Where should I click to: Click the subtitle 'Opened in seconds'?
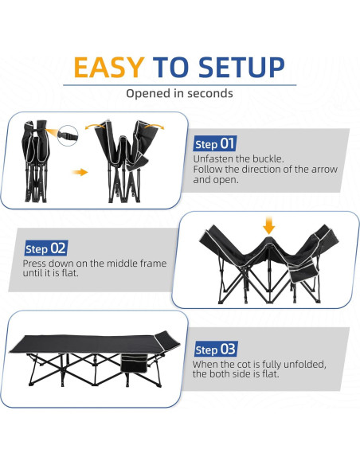coord(179,93)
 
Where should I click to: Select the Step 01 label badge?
coord(215,144)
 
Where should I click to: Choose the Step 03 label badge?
coord(215,350)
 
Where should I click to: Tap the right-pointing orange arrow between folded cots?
coord(80,171)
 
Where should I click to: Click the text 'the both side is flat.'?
coord(236,374)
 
